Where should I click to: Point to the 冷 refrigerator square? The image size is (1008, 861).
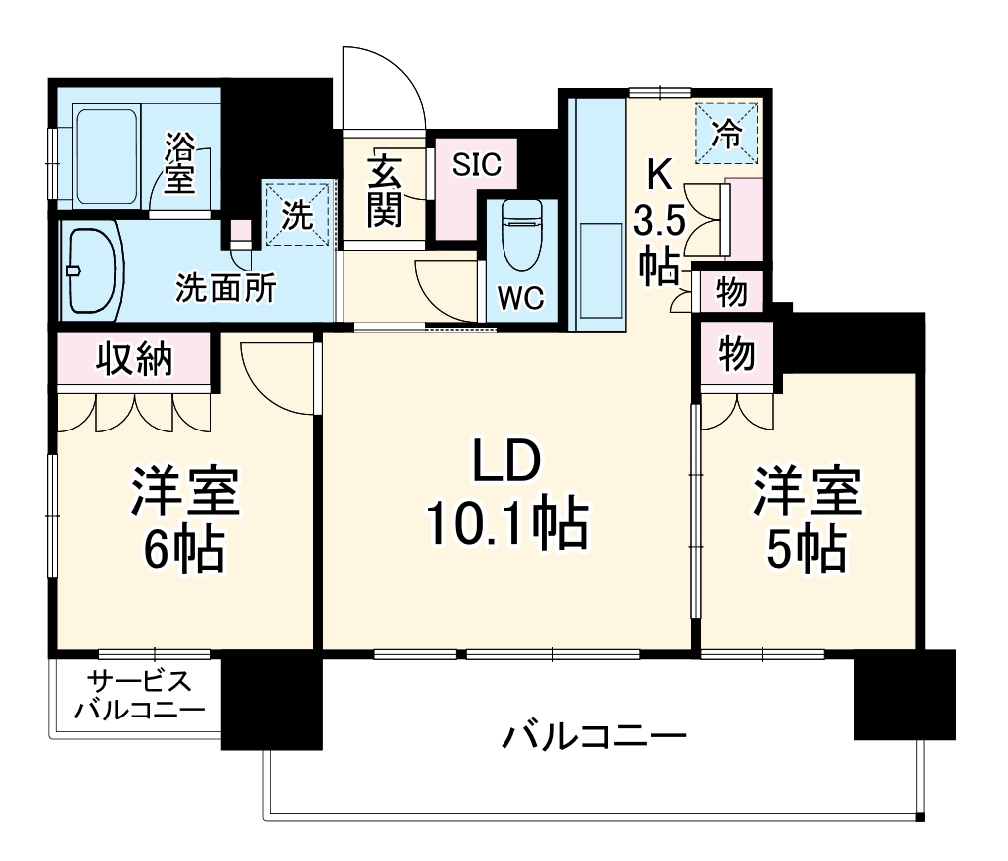(726, 130)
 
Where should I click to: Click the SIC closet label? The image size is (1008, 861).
(477, 165)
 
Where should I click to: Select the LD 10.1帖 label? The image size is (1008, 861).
(505, 495)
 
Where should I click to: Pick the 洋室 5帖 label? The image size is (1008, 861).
(807, 518)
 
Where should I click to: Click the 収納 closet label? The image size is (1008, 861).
(135, 358)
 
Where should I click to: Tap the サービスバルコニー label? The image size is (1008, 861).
(139, 695)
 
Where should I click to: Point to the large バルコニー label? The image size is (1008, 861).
(593, 738)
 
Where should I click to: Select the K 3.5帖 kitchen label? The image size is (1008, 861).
(659, 220)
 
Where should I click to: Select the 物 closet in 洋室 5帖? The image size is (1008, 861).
(736, 353)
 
